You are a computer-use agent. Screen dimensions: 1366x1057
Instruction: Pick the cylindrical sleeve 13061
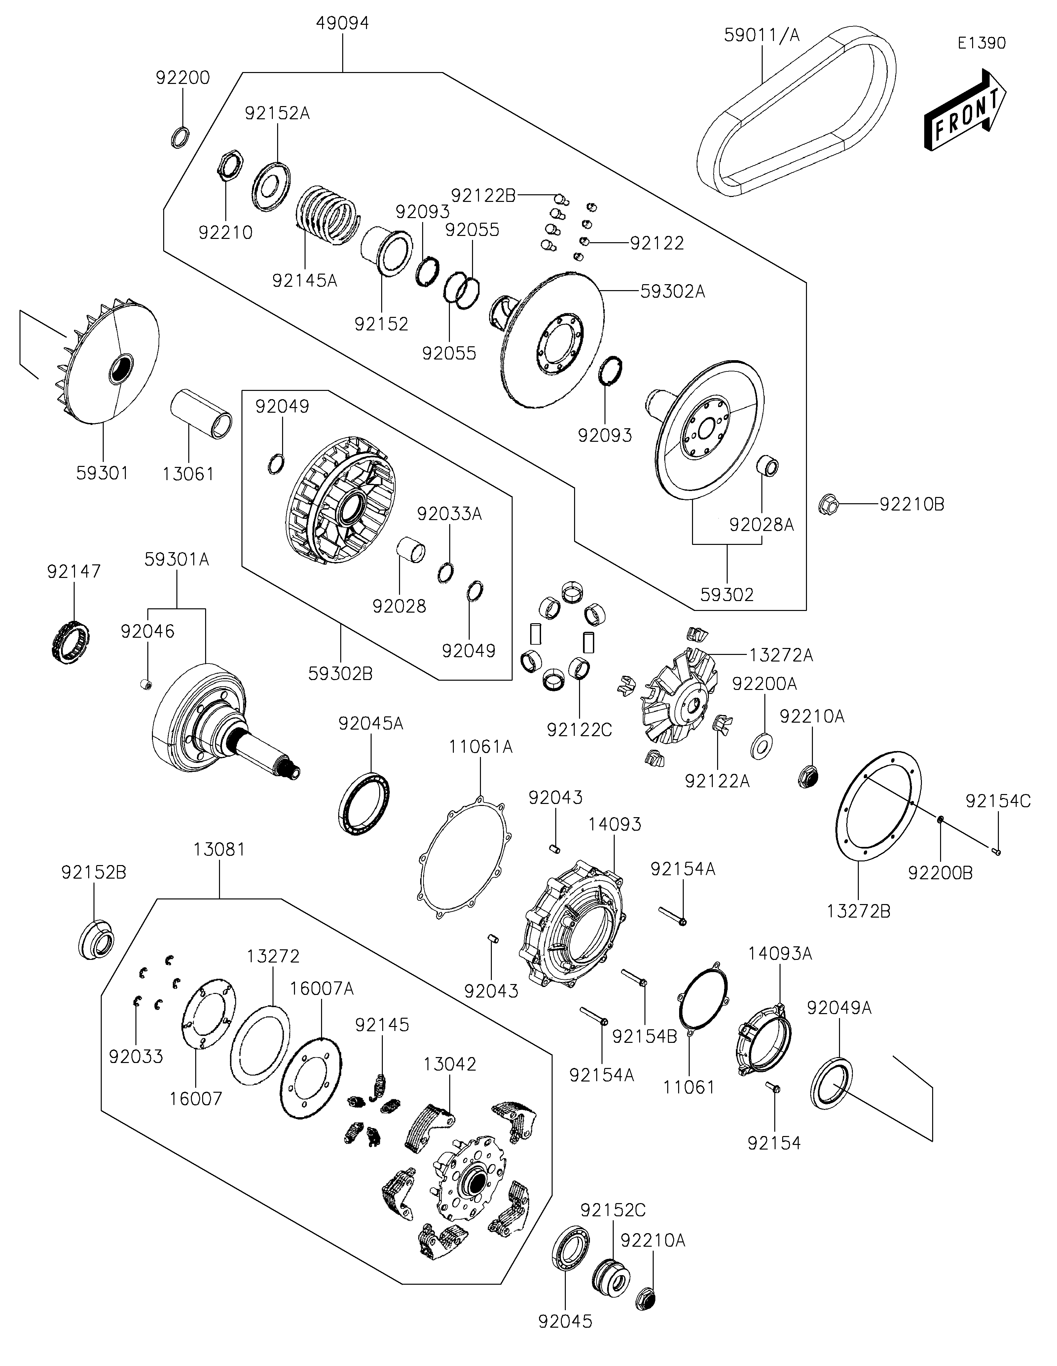click(x=201, y=414)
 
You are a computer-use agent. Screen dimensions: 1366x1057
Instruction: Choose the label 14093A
click(x=780, y=954)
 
